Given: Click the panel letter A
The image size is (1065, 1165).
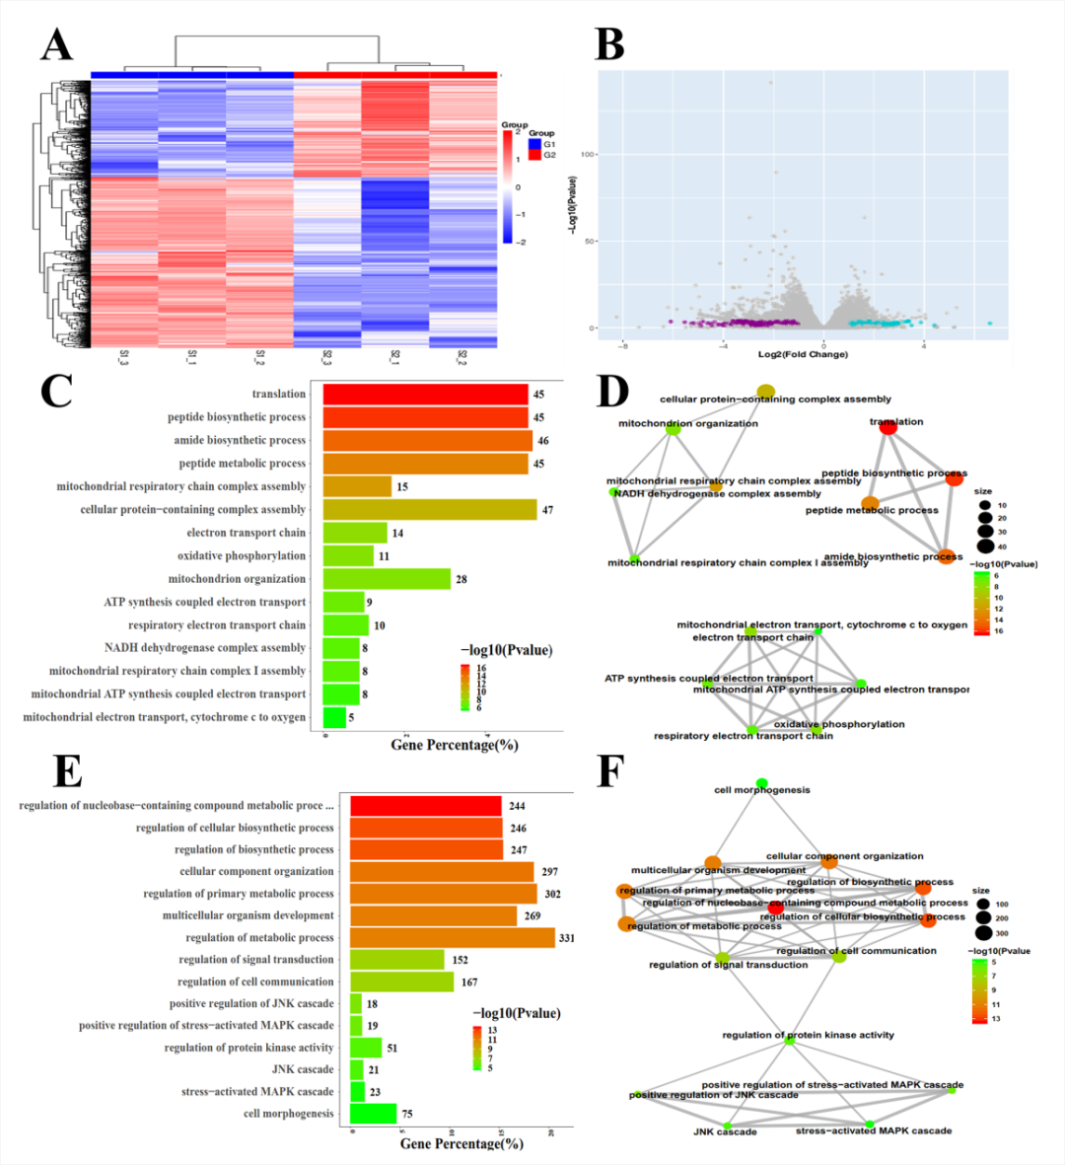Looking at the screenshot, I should (56, 44).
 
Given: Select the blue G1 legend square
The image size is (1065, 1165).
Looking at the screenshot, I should (534, 144).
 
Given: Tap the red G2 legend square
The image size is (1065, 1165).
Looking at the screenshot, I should (534, 155).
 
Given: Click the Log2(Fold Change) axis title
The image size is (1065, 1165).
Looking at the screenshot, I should (802, 354).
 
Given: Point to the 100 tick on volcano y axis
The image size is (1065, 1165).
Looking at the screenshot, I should (588, 155).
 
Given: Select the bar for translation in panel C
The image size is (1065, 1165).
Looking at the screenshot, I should (426, 394).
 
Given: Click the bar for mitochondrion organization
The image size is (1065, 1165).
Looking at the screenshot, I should (387, 579).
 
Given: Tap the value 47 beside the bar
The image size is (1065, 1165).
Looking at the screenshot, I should (547, 510).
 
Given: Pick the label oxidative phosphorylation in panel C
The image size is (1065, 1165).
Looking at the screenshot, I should (242, 556).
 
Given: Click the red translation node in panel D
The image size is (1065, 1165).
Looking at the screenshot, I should (887, 427).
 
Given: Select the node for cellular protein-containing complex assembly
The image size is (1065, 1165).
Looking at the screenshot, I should (766, 392).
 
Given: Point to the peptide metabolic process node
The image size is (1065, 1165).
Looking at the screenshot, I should (870, 503).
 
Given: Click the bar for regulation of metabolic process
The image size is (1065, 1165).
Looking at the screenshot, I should (452, 937).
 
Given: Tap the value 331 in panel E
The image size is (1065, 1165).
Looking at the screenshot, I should (566, 938).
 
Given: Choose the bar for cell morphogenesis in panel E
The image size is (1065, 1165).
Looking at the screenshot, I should (373, 1114).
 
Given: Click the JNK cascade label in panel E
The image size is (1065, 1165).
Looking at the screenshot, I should (303, 1069).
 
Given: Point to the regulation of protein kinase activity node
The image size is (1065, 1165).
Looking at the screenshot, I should (789, 1039).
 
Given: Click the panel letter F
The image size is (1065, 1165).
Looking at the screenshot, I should (611, 772).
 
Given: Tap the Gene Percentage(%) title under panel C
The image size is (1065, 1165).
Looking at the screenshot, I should (455, 745).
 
